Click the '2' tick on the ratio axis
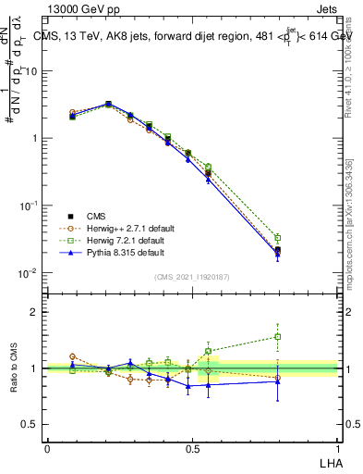[36, 312]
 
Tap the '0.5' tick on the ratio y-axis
[32, 425]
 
